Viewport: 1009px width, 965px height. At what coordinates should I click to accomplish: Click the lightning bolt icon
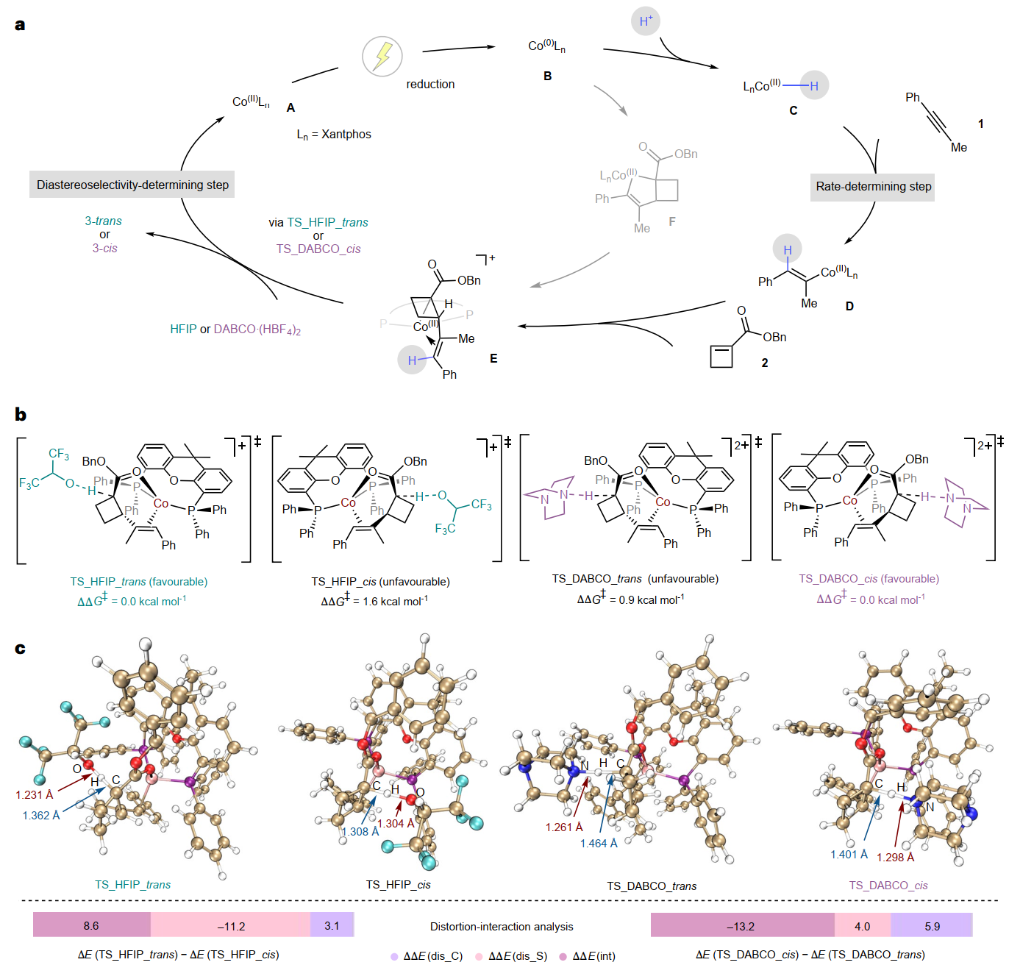382,56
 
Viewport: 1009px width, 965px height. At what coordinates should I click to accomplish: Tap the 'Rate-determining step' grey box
873,186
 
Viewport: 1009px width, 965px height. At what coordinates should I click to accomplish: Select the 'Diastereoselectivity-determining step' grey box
132,185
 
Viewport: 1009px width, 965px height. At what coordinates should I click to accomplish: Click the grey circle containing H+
645,21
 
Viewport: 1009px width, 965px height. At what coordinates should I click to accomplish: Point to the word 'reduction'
430,84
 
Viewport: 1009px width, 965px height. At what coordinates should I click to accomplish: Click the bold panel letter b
21,414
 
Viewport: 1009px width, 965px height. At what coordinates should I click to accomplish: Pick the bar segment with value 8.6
91,925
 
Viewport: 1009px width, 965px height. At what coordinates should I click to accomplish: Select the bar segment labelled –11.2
231,925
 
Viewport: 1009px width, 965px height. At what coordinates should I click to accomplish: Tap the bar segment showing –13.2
741,925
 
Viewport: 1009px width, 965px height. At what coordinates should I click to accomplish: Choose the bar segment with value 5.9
932,925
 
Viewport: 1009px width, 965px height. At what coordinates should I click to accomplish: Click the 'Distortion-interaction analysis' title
502,926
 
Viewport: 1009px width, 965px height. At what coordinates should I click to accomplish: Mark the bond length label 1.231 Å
35,794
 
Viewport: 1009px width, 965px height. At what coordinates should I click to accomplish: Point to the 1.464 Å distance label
599,843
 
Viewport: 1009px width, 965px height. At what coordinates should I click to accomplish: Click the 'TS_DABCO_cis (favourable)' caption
869,579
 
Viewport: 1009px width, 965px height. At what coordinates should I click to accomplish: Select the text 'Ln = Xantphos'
334,134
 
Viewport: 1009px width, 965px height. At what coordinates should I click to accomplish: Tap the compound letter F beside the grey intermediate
671,221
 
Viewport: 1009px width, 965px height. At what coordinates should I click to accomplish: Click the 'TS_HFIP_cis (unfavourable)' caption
380,582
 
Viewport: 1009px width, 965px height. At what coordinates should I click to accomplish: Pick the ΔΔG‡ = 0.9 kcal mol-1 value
630,599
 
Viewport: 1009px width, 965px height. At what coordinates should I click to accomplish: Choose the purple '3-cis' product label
104,248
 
